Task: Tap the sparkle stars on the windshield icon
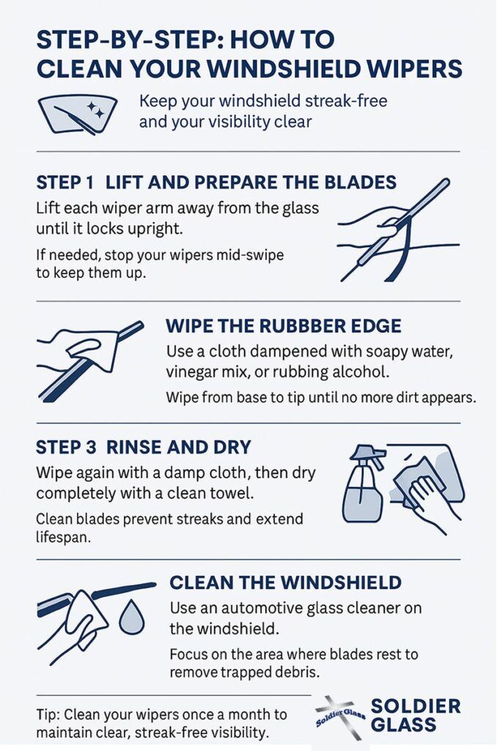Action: click(x=96, y=111)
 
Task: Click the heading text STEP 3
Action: click(x=66, y=447)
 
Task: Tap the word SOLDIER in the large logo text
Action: click(x=416, y=706)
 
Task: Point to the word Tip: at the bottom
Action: click(x=48, y=714)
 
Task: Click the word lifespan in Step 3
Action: click(x=63, y=538)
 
